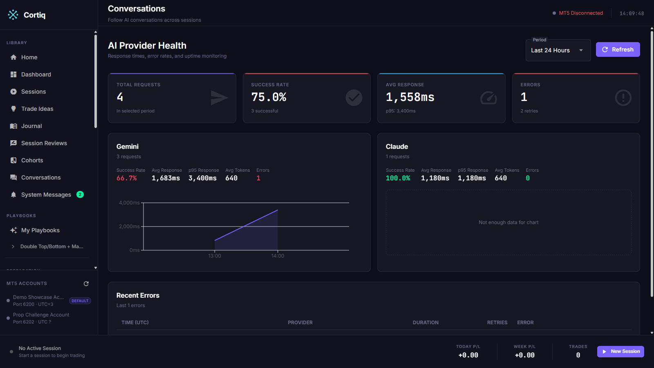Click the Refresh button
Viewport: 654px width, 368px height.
pos(618,49)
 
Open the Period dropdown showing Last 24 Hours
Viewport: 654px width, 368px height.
pos(558,50)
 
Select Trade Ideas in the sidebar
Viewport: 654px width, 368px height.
pos(37,109)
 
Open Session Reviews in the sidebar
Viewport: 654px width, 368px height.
pos(44,143)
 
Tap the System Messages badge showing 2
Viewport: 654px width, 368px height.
pos(80,195)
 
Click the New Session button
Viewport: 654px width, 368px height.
pos(620,351)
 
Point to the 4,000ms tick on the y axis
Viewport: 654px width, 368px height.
pos(142,203)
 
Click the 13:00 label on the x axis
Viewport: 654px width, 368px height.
pos(215,256)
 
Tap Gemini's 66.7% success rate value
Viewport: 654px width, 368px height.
pos(126,178)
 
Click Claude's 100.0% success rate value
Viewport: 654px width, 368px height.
pos(398,178)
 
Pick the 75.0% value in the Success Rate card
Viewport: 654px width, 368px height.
pos(269,97)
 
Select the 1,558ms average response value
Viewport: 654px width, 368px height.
pos(410,97)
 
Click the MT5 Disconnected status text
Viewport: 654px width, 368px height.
pos(581,13)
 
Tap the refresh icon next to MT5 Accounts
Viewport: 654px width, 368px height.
pos(86,284)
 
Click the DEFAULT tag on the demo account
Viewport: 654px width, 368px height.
pos(80,301)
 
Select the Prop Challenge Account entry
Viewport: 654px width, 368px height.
pos(41,318)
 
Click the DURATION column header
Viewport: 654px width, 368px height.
pos(426,323)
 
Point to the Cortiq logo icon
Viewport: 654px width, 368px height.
pos(13,15)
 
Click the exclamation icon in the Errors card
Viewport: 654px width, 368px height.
pos(623,98)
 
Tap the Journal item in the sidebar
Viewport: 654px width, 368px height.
pos(31,126)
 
